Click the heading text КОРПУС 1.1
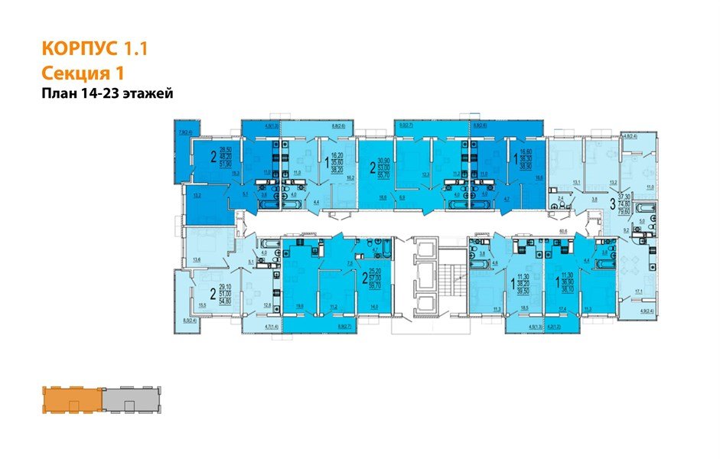click(93, 50)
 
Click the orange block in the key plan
click(72, 400)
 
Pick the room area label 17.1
click(639, 291)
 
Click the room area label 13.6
click(196, 261)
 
